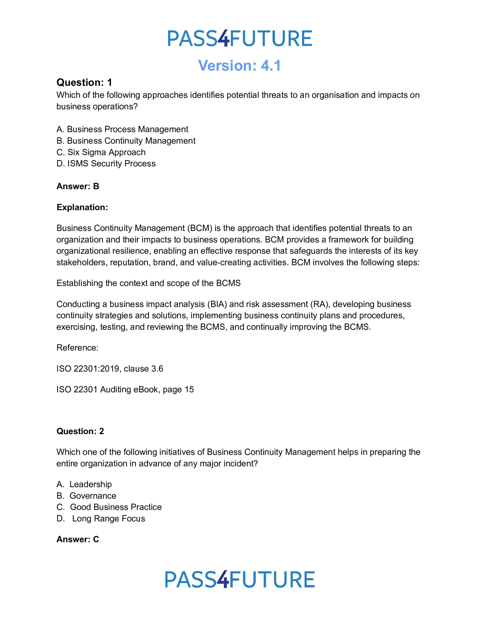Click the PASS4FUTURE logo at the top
(240, 38)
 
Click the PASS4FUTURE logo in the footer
(240, 579)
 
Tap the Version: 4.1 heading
(239, 65)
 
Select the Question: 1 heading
(84, 82)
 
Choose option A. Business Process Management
(122, 129)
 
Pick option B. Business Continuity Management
(126, 141)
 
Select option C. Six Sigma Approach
(101, 152)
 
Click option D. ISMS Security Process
(106, 163)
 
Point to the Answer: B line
(78, 186)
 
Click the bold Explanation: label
(82, 207)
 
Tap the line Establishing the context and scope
(148, 283)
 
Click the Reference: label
(77, 347)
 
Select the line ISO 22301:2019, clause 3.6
(110, 369)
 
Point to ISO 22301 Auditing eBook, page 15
(125, 389)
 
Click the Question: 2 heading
(80, 431)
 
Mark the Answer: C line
(78, 539)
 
